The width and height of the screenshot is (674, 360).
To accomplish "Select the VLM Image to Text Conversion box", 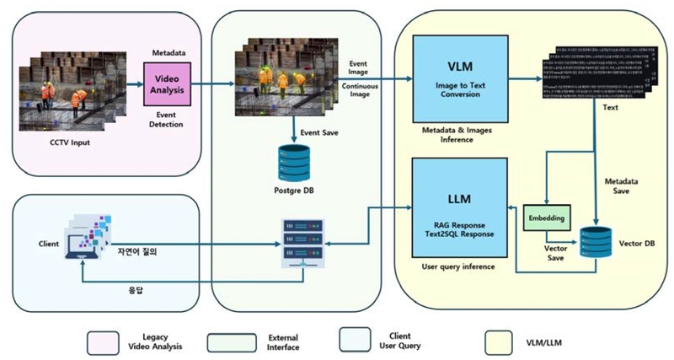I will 459,80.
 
